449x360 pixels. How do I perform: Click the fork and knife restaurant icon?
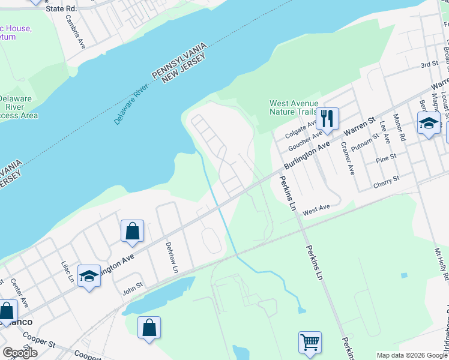[x=327, y=118]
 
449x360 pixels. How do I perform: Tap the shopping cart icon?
[x=310, y=342]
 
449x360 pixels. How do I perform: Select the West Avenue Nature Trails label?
[x=294, y=107]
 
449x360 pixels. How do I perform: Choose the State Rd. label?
[x=63, y=9]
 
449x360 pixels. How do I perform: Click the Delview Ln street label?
[x=172, y=259]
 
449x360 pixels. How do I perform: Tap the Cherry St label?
[x=387, y=181]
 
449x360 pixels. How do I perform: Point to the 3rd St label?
[x=429, y=64]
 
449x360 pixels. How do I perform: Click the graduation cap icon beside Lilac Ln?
[x=89, y=277]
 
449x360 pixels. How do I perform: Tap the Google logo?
[x=20, y=352]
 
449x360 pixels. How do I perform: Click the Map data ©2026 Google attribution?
[x=412, y=355]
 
